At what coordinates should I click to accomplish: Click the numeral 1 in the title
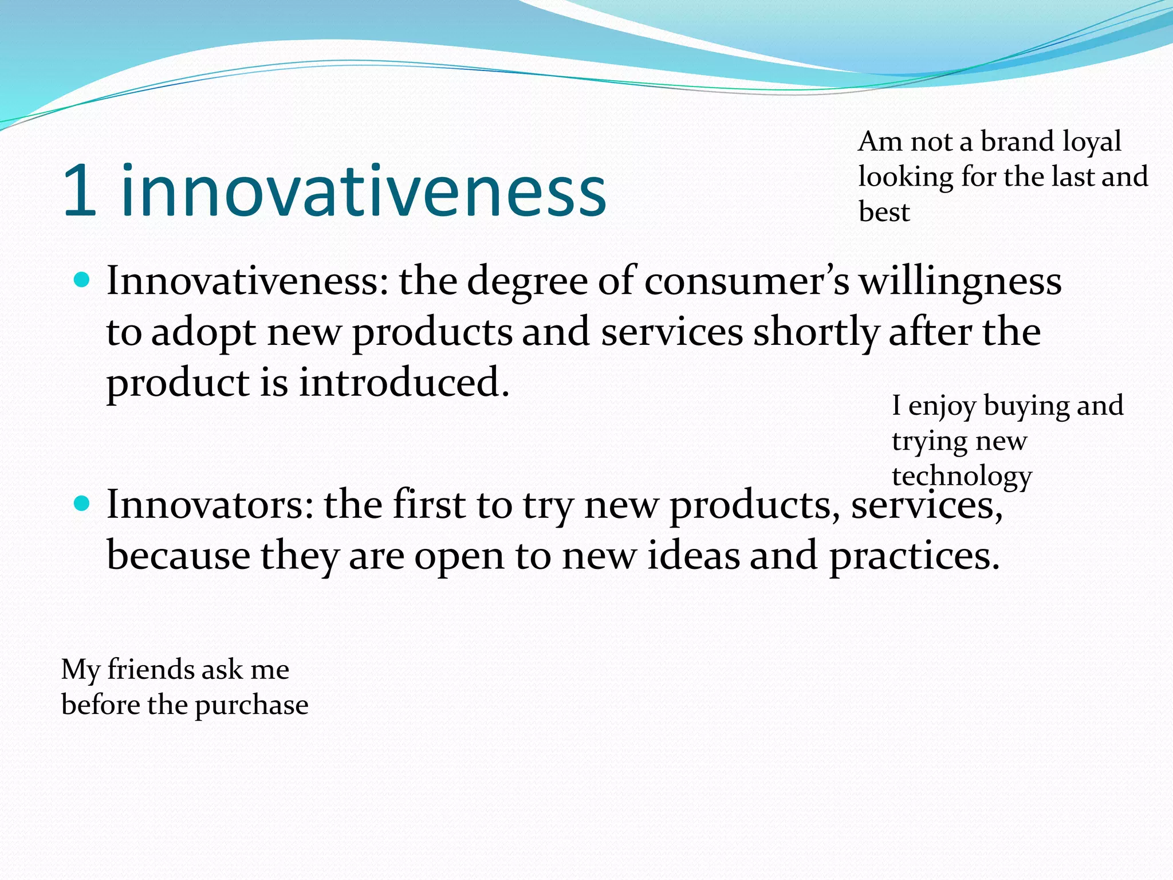click(x=80, y=191)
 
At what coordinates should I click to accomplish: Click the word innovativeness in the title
click(x=364, y=191)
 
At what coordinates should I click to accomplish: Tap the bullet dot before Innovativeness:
click(x=82, y=280)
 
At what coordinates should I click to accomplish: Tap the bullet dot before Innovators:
click(x=82, y=504)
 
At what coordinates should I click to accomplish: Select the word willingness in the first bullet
click(x=961, y=282)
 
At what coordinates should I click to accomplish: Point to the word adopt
click(x=203, y=334)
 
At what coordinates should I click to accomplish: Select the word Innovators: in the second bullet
click(x=210, y=505)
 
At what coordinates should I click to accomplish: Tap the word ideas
click(x=693, y=556)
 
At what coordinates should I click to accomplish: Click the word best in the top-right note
click(x=884, y=212)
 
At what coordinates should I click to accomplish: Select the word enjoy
click(x=942, y=407)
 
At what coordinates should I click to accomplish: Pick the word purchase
click(x=251, y=706)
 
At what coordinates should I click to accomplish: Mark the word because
click(x=178, y=556)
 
